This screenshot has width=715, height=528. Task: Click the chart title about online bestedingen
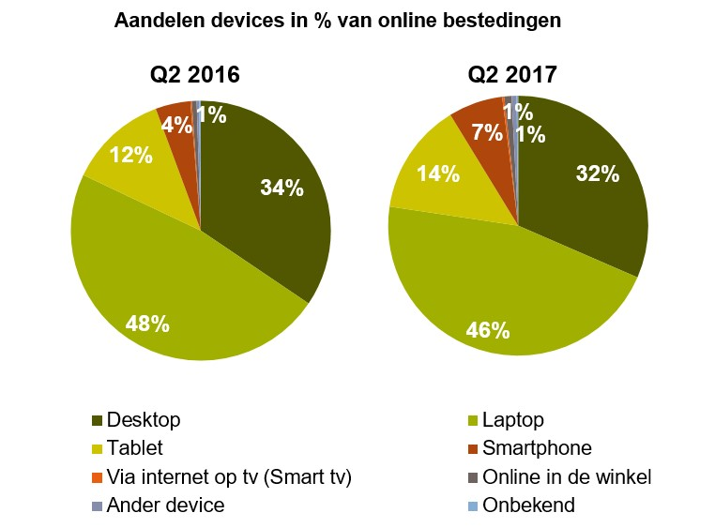337,21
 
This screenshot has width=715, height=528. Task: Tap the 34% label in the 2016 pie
281,188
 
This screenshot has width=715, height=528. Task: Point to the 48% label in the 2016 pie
147,324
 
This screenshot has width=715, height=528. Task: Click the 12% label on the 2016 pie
130,156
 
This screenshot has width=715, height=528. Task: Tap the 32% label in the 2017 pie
598,173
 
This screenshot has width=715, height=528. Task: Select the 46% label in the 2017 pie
487,330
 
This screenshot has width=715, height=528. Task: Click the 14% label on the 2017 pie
438,173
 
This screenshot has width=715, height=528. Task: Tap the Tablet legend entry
132,447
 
